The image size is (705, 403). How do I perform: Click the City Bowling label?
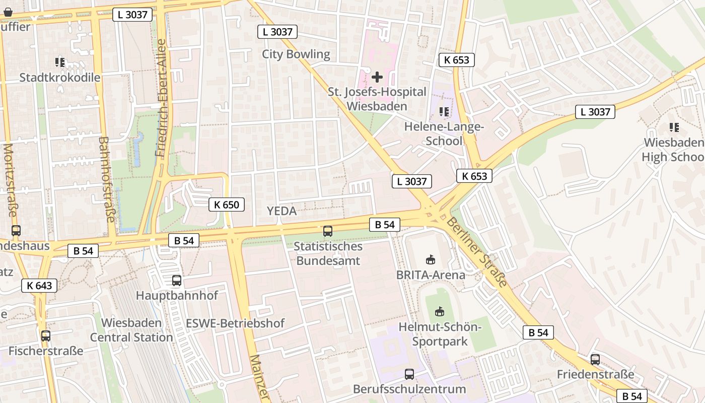pyautogui.click(x=296, y=54)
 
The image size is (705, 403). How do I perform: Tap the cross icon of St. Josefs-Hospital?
pyautogui.click(x=377, y=77)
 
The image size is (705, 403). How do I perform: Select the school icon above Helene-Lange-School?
pyautogui.click(x=444, y=111)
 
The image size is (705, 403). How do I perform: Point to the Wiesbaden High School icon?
pyautogui.click(x=674, y=127)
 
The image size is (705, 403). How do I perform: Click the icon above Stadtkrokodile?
pyautogui.click(x=60, y=62)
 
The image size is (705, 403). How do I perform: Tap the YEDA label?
pyautogui.click(x=281, y=211)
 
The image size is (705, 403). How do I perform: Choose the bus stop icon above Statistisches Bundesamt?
pyautogui.click(x=328, y=231)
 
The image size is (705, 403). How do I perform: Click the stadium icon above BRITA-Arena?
pyautogui.click(x=431, y=260)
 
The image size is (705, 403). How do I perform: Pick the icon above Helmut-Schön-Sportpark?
pyautogui.click(x=440, y=312)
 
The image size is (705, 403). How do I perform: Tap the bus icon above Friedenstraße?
pyautogui.click(x=595, y=360)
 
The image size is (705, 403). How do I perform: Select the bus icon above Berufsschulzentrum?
pyautogui.click(x=409, y=374)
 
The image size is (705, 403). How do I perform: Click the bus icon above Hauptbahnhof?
pyautogui.click(x=176, y=281)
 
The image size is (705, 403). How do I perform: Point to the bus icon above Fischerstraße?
pyautogui.click(x=46, y=336)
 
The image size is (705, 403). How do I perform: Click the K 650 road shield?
pyautogui.click(x=227, y=205)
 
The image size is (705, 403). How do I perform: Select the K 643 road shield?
pyautogui.click(x=39, y=286)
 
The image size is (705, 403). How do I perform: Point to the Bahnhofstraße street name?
pyautogui.click(x=107, y=179)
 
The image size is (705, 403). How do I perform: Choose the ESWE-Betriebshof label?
pyautogui.click(x=235, y=323)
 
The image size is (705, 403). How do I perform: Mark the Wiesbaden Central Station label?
pyautogui.click(x=131, y=330)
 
